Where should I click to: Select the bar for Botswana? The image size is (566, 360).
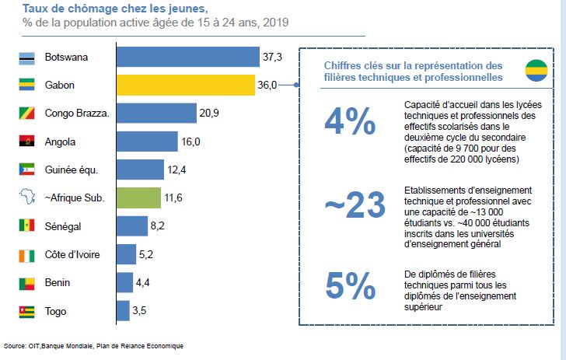[187, 57]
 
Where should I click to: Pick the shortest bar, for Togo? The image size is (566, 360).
[123, 310]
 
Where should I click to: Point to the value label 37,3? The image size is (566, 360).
[272, 57]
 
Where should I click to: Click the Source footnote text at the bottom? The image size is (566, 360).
[94, 345]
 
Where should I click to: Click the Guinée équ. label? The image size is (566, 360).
[72, 170]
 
